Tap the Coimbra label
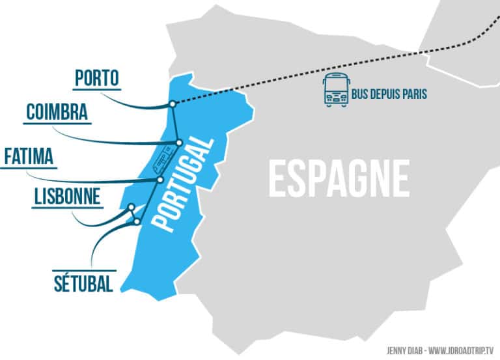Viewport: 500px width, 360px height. (x=57, y=113)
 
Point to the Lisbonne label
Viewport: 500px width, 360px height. (x=67, y=196)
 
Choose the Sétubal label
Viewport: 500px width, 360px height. (x=83, y=283)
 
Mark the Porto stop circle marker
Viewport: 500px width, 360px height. (x=172, y=104)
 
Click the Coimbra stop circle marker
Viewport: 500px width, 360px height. (x=178, y=143)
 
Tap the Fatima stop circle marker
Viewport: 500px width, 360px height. (x=160, y=180)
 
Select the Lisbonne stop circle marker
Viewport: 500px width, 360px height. (x=132, y=208)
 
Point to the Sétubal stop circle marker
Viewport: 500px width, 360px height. (x=137, y=222)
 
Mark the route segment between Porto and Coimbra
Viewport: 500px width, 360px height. (x=175, y=123)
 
